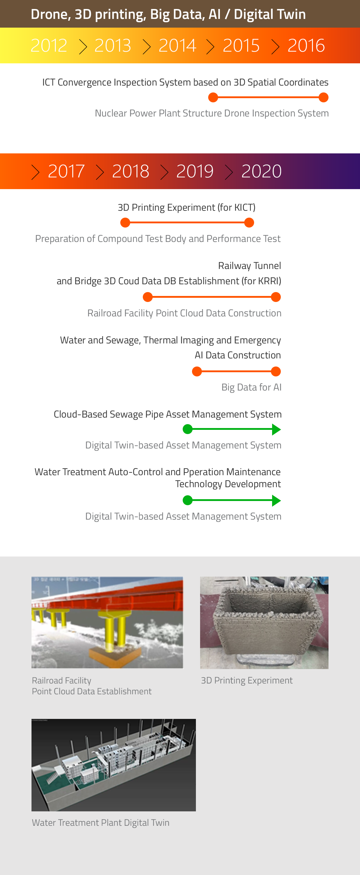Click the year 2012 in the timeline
pos(49,46)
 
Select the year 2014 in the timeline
pos(177,46)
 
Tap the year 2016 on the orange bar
pos(306,46)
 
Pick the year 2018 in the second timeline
pos(130,171)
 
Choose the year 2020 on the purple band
pos(262,171)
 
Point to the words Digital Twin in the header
pos(270,14)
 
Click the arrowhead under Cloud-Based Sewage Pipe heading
pos(277,429)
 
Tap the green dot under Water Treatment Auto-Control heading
pos(187,500)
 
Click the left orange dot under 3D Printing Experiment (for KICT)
pos(125,223)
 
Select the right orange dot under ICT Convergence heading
pos(324,98)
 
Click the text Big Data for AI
pos(251,387)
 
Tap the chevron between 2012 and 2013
pos(83,47)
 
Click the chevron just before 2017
pos(35,172)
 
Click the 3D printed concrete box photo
pos(264,622)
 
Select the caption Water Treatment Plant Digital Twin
pos(100,823)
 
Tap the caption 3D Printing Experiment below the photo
pos(247,680)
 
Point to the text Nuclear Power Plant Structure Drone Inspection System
pos(211,113)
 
